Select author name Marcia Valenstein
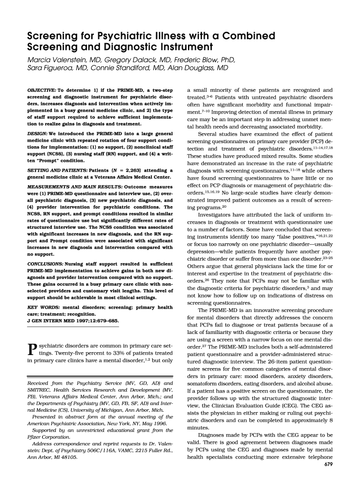click(x=59, y=60)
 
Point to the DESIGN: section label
click(x=39, y=134)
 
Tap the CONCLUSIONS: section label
click(x=45, y=264)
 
